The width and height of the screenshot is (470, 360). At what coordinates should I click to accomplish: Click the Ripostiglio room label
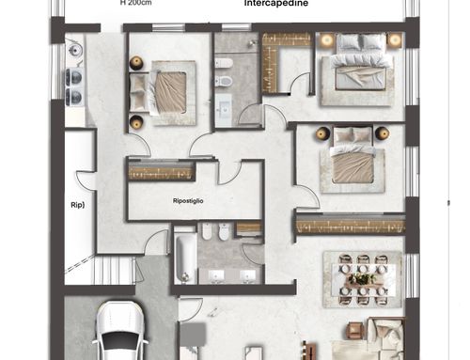tap(188, 201)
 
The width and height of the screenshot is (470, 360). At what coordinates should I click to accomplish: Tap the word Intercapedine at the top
tap(276, 4)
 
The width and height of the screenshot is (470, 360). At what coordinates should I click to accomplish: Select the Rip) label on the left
tap(78, 205)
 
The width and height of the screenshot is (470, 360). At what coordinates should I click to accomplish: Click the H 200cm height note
tap(136, 3)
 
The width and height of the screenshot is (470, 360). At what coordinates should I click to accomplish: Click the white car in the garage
tap(120, 331)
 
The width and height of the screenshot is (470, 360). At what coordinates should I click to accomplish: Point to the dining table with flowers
tap(364, 280)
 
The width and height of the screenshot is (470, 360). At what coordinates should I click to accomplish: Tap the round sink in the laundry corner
tap(74, 50)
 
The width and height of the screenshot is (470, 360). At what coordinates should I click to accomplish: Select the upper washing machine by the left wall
tap(74, 77)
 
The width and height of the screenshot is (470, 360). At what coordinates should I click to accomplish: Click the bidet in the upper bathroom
tap(224, 63)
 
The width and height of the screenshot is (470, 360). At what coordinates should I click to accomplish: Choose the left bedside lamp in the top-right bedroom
tap(327, 40)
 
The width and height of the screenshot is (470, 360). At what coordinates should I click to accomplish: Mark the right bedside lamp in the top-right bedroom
tap(394, 40)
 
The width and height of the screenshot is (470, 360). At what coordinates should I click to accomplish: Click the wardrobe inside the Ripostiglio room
tap(161, 171)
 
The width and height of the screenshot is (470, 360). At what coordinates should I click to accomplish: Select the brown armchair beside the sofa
tap(355, 331)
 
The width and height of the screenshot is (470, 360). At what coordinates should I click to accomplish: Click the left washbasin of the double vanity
tap(216, 276)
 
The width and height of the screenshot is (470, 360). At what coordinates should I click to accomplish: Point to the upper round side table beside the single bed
tap(136, 63)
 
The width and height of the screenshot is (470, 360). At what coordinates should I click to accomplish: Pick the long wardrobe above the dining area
tap(351, 225)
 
